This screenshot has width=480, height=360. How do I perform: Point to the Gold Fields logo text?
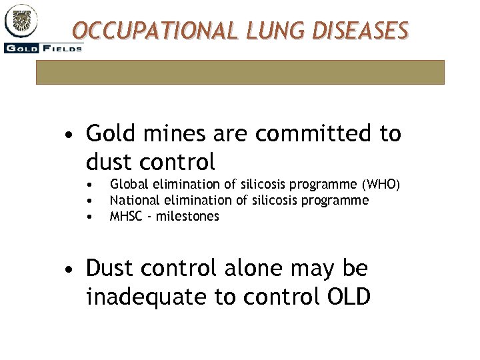click(43, 47)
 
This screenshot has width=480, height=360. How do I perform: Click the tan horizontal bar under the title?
click(240, 72)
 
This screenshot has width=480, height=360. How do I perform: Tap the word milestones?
click(188, 216)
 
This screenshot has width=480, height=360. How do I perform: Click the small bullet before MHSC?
click(89, 217)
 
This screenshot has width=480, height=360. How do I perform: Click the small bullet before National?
click(89, 201)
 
